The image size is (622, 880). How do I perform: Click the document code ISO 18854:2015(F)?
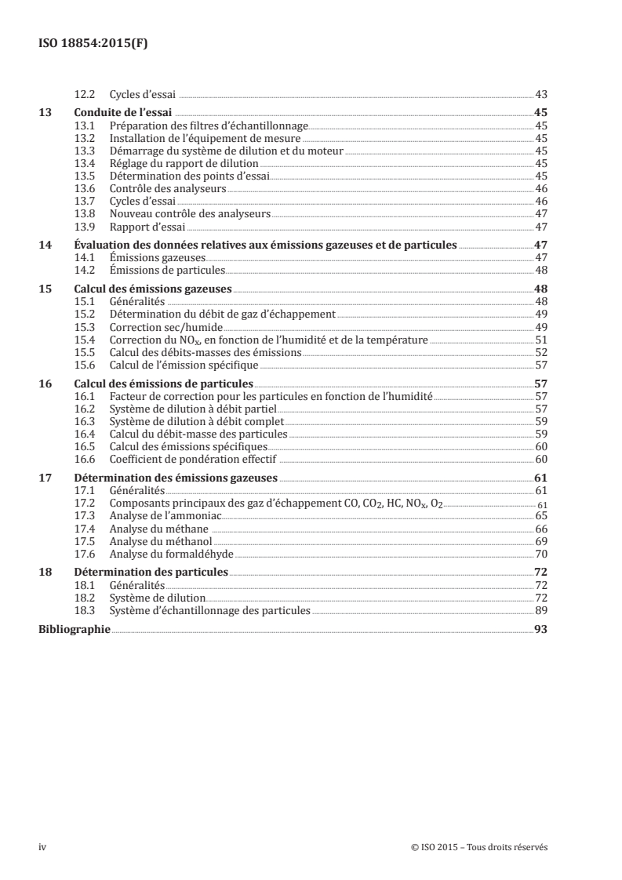pyautogui.click(x=93, y=44)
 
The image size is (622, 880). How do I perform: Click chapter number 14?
pyautogui.click(x=45, y=245)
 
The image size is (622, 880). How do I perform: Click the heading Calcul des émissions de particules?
pyautogui.click(x=163, y=384)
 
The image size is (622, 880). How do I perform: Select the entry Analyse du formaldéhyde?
pyautogui.click(x=166, y=554)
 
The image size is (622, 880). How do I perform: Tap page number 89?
pyautogui.click(x=540, y=610)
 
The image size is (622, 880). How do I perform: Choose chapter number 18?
pyautogui.click(x=45, y=573)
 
